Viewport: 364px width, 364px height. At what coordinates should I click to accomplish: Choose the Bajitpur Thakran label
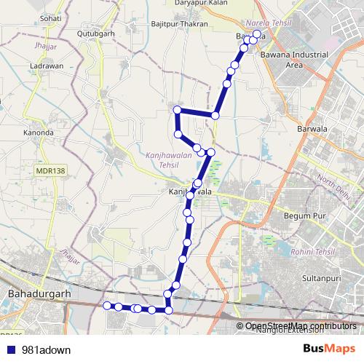pos(180,25)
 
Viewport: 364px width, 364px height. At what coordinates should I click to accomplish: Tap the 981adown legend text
pos(43,349)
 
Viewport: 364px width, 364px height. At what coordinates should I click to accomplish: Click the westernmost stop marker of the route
pos(107,305)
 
